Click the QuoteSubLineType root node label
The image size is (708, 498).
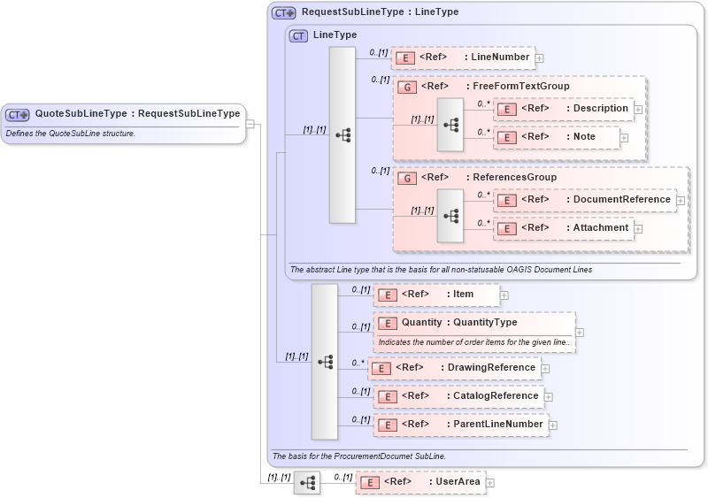point(136,114)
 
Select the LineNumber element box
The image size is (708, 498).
point(463,57)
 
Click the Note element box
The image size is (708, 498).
point(556,137)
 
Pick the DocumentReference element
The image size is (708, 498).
point(584,200)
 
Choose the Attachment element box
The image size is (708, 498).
point(563,228)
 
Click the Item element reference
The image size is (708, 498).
point(435,295)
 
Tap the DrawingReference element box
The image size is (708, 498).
point(454,368)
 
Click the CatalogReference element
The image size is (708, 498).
point(458,396)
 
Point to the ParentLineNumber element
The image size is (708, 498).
point(459,425)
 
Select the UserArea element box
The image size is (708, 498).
point(420,482)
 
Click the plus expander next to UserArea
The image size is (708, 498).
point(490,483)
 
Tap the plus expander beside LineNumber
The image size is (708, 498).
point(539,58)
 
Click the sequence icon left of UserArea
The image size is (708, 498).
point(307,483)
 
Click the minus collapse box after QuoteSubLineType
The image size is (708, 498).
point(250,124)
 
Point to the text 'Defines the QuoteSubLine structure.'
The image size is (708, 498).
point(70,134)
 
